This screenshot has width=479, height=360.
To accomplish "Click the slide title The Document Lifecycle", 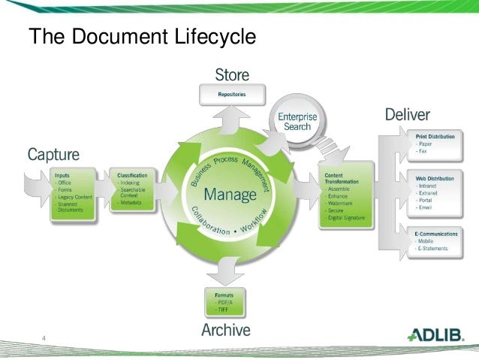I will click(x=142, y=36).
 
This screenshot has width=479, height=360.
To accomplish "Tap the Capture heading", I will click(x=53, y=155).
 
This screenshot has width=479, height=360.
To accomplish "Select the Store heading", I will click(x=232, y=75).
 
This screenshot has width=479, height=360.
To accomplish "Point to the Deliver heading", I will click(x=407, y=115).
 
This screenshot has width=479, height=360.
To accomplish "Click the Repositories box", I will click(x=231, y=95).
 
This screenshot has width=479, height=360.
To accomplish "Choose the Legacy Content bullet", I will click(x=73, y=197).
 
